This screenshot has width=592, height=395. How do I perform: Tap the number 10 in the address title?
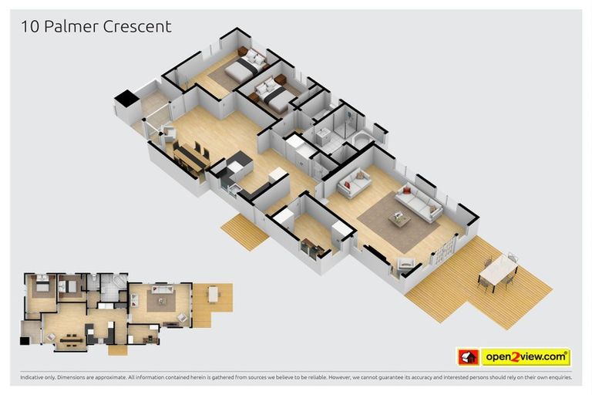pyautogui.click(x=29, y=26)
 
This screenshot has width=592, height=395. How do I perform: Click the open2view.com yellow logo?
pyautogui.click(x=526, y=356)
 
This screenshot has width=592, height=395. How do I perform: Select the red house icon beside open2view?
pyautogui.click(x=468, y=357)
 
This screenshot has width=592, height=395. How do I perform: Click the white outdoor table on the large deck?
pyautogui.click(x=498, y=269)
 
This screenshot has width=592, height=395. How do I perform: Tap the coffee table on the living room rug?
pyautogui.click(x=399, y=219)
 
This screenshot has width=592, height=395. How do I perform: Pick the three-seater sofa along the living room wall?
pyautogui.click(x=419, y=202)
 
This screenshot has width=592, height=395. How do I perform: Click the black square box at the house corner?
pyautogui.click(x=125, y=99)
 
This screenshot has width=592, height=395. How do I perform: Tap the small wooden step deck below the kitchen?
pyautogui.click(x=244, y=231)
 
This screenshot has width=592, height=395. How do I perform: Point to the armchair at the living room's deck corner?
pyautogui.click(x=405, y=265)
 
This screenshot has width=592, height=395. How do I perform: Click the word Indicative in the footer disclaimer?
pyautogui.click(x=34, y=378)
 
